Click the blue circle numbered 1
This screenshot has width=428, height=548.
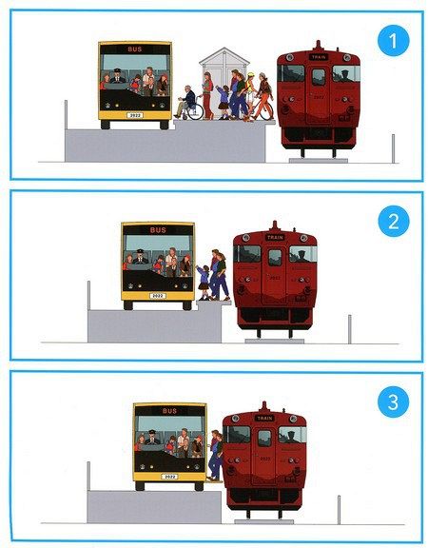[393, 41]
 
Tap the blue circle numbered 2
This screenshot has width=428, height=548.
[393, 222]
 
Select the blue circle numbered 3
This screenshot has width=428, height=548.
[393, 401]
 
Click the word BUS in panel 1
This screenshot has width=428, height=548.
[135, 49]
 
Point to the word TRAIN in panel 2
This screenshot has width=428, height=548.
[275, 238]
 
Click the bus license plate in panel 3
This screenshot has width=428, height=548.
[169, 477]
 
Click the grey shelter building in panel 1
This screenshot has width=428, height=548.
[224, 81]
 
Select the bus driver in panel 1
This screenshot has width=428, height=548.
[117, 76]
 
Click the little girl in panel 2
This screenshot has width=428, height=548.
[204, 283]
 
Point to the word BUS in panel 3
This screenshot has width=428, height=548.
[170, 411]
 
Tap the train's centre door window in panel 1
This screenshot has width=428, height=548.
[319, 77]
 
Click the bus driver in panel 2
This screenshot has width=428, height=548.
[140, 257]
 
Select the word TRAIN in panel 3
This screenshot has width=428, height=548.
[264, 419]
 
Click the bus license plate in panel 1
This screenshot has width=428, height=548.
[135, 115]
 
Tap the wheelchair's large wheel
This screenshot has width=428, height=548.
[195, 112]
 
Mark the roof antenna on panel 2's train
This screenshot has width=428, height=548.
[275, 225]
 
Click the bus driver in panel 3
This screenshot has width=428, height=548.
[152, 438]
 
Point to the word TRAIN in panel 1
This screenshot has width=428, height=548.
[319, 57]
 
